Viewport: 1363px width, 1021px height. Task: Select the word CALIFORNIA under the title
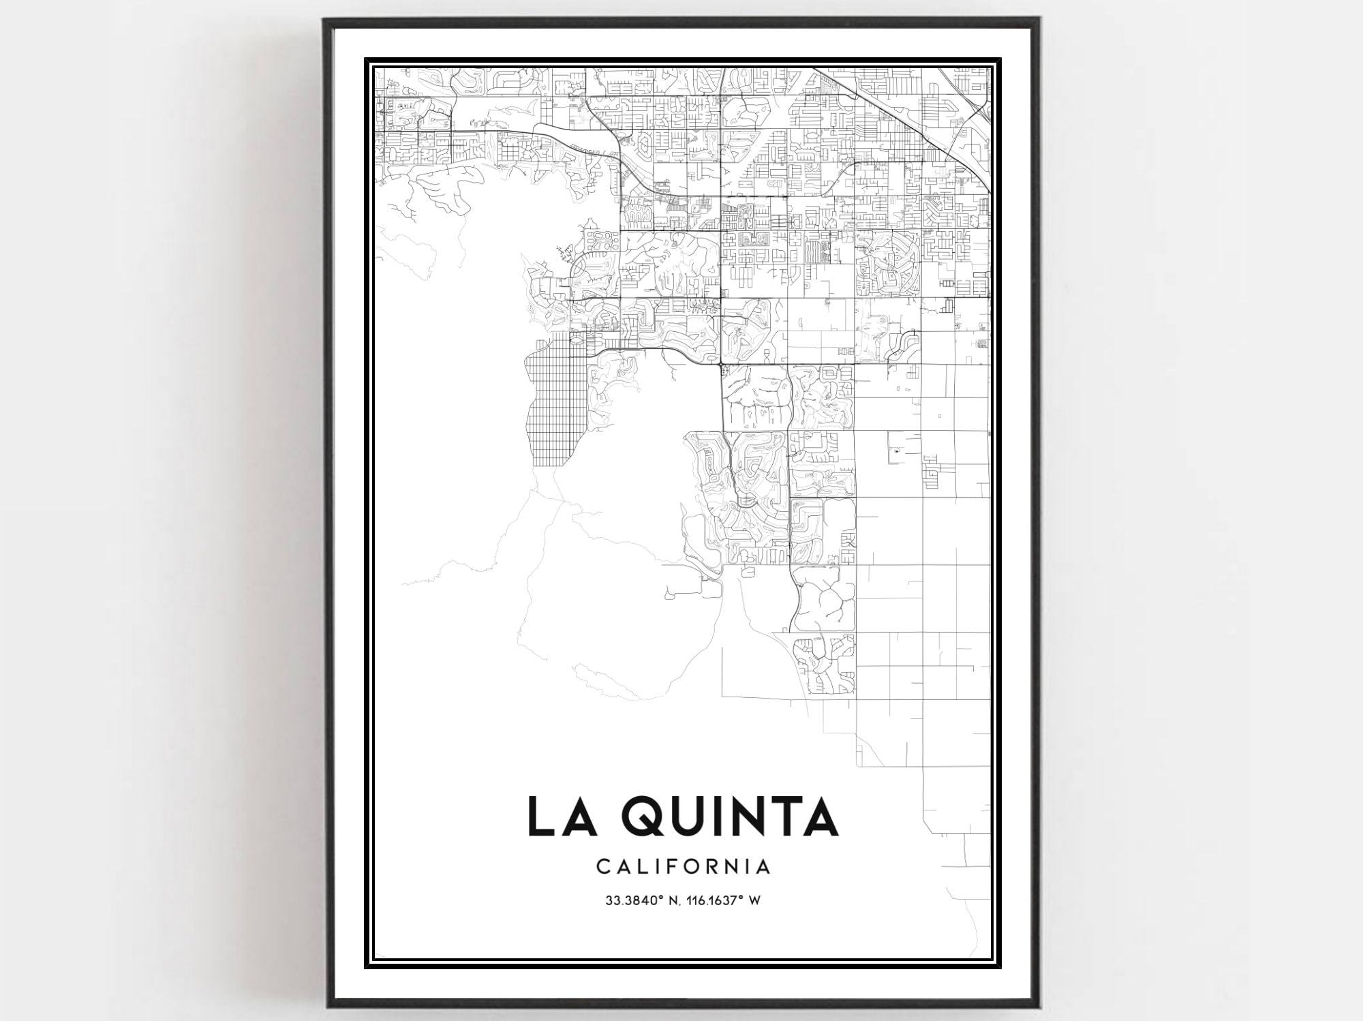pyautogui.click(x=683, y=867)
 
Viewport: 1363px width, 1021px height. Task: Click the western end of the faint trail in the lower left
pyautogui.click(x=403, y=584)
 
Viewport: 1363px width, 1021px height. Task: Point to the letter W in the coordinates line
pyautogui.click(x=754, y=901)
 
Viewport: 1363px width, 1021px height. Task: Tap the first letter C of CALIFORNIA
pyautogui.click(x=602, y=867)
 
